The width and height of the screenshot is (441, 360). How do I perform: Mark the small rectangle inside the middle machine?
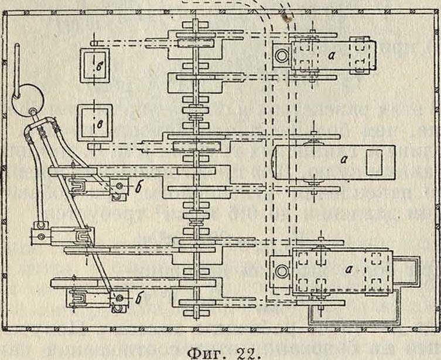coord(374,162)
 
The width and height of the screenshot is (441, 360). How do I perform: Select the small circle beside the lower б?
coord(119,297)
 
